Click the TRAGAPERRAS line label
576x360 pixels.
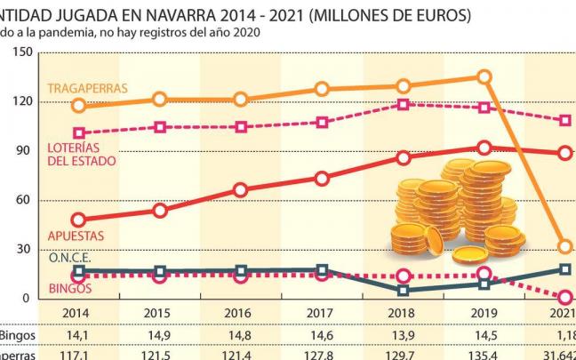coord(87,88)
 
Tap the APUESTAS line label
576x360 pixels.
coord(76,236)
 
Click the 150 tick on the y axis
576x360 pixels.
coord(22,52)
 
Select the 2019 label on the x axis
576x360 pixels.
coord(484,314)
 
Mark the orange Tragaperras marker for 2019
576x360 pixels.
coord(484,77)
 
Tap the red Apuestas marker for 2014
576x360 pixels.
coord(79,220)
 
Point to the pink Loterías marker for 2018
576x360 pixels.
coord(404,104)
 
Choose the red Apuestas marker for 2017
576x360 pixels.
coord(322,178)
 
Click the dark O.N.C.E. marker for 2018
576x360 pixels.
coord(404,290)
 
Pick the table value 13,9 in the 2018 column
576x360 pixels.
coord(403,336)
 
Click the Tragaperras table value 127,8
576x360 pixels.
coord(322,354)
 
